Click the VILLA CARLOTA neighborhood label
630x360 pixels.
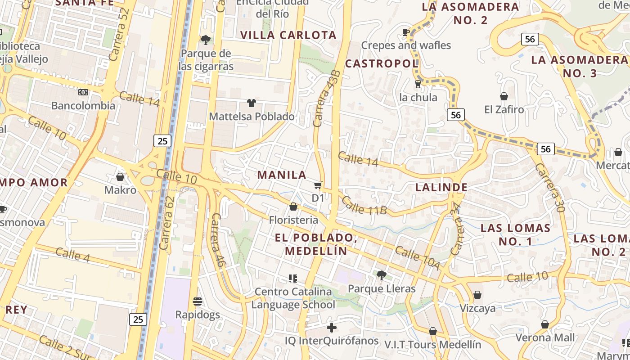click(x=288, y=35)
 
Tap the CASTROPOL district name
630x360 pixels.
click(x=382, y=64)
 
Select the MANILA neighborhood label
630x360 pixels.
click(x=282, y=175)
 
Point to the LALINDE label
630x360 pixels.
click(x=441, y=187)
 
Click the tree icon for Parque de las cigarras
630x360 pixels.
click(x=206, y=40)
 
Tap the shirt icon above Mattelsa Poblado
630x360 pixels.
click(x=251, y=103)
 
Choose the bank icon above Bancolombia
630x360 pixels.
click(x=83, y=92)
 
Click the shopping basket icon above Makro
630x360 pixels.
click(x=120, y=177)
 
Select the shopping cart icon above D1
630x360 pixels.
click(x=318, y=185)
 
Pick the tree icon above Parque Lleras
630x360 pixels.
click(x=382, y=275)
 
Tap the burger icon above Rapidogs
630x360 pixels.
click(x=198, y=301)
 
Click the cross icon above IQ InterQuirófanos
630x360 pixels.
click(x=332, y=328)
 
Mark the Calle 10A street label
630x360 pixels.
click(x=417, y=258)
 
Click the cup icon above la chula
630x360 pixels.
click(x=418, y=84)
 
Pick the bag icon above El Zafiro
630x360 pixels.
click(x=504, y=96)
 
